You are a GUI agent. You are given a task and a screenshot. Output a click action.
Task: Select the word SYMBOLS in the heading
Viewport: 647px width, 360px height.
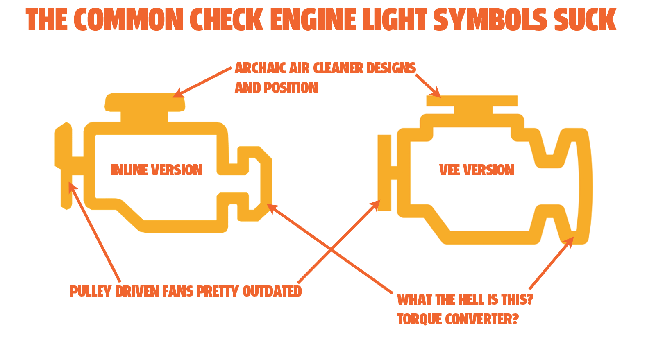[490, 20]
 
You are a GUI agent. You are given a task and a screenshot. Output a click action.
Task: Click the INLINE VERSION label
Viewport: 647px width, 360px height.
[156, 170]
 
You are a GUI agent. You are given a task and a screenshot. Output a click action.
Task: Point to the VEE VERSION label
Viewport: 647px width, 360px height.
[477, 170]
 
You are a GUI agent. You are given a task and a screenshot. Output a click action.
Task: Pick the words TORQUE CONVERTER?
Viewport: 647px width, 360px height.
[458, 319]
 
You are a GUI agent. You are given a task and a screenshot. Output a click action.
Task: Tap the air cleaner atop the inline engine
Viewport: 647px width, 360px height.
[145, 102]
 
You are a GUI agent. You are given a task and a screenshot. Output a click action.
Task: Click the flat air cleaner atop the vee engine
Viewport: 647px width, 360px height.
[472, 101]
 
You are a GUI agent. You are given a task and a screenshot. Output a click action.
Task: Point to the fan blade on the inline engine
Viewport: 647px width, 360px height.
[64, 164]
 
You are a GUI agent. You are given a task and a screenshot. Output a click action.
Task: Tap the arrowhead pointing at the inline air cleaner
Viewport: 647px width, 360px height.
[177, 94]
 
